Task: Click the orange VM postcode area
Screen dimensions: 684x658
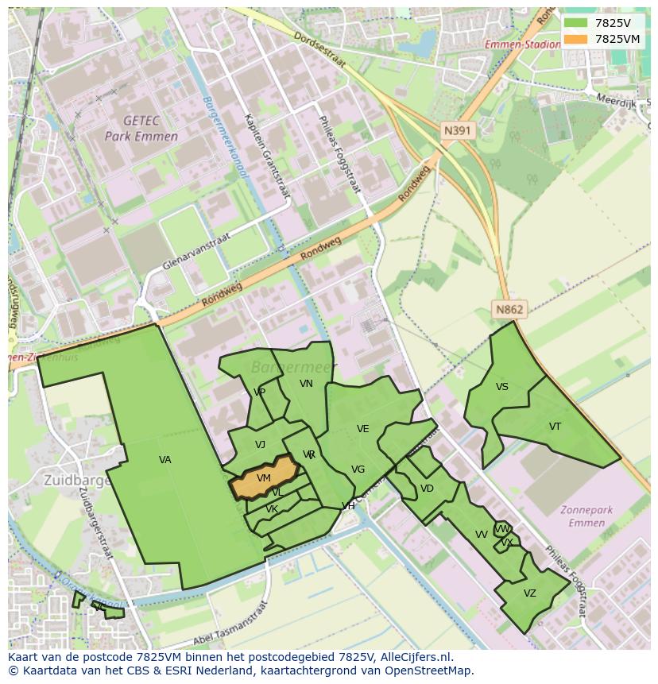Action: pyautogui.click(x=264, y=478)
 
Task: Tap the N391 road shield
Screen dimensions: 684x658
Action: pyautogui.click(x=459, y=130)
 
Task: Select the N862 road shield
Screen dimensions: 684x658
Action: pyautogui.click(x=509, y=310)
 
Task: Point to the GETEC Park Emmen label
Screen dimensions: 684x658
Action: pyautogui.click(x=141, y=128)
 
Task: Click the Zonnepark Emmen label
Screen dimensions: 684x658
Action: pyautogui.click(x=588, y=516)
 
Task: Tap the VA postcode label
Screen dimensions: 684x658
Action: pyautogui.click(x=164, y=460)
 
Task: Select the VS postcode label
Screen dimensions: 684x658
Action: pyautogui.click(x=501, y=387)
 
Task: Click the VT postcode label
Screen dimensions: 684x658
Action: pyautogui.click(x=555, y=427)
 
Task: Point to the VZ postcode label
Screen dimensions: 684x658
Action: pyautogui.click(x=529, y=593)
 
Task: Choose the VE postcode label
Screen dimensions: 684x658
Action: pyautogui.click(x=362, y=429)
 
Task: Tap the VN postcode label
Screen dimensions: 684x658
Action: pyautogui.click(x=306, y=384)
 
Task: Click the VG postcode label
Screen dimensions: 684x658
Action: pyautogui.click(x=358, y=470)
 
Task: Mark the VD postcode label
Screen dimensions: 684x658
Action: pyautogui.click(x=427, y=489)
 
